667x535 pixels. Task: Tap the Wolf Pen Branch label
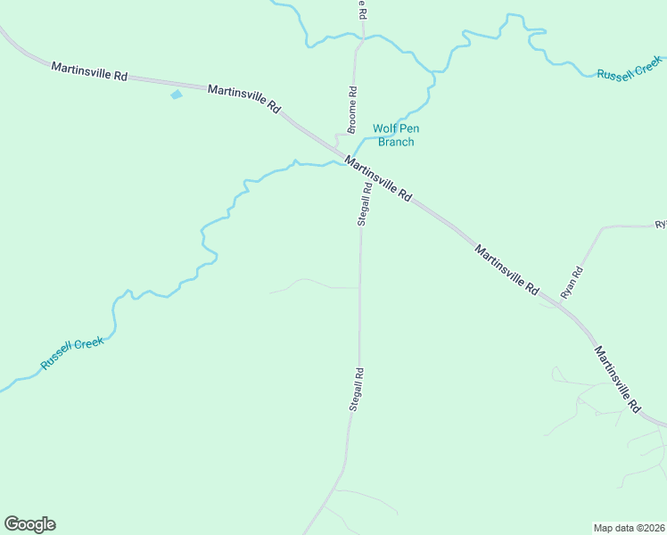[x=396, y=136]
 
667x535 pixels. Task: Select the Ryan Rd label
[x=572, y=282]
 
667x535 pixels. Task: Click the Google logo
[x=29, y=524]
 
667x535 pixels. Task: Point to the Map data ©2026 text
[x=629, y=528]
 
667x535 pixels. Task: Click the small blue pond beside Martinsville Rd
[x=176, y=94]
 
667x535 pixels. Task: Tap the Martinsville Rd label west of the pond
[x=88, y=71]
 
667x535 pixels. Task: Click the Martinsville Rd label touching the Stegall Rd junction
[x=378, y=178]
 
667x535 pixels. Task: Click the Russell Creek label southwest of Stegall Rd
[x=72, y=353]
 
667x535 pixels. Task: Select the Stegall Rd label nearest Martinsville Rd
[x=365, y=204]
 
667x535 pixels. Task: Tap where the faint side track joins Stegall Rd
[x=360, y=288]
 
